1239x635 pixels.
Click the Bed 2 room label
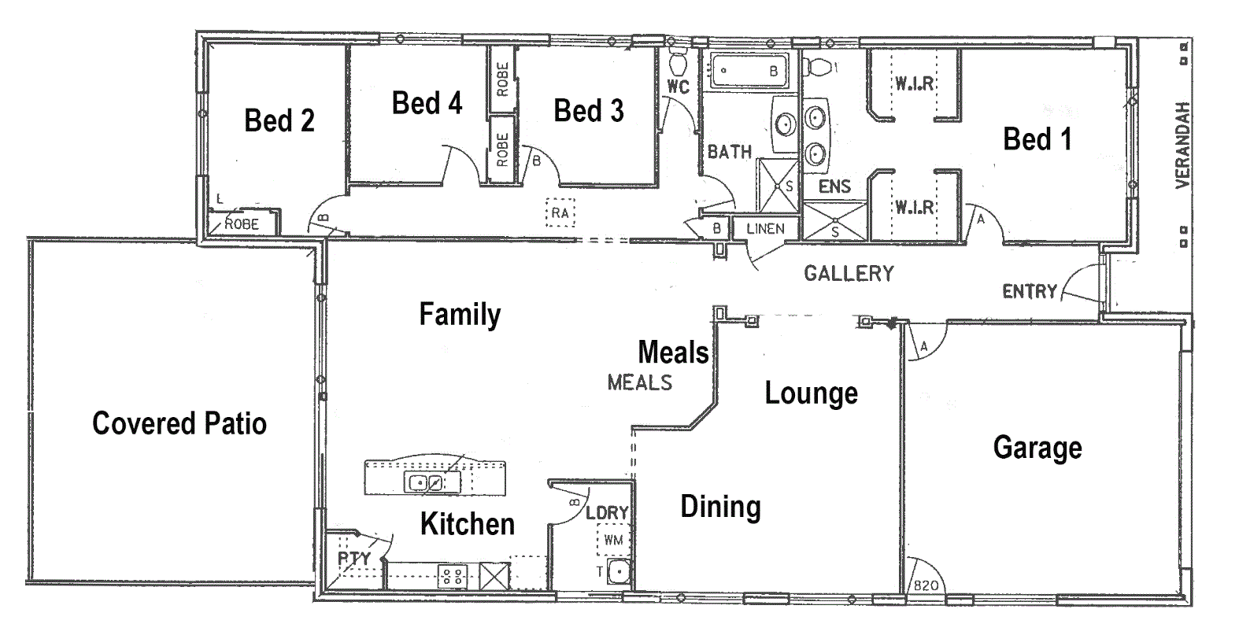point(279,120)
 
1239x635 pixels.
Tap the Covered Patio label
point(179,423)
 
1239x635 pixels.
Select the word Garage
point(1037,448)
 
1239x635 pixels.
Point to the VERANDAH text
point(1182,145)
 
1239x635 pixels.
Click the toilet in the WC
point(678,62)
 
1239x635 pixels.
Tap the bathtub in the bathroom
point(750,70)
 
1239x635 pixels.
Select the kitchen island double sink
point(425,482)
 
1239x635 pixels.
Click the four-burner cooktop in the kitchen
point(453,576)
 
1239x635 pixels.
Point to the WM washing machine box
point(613,539)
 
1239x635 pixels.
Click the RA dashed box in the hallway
point(560,213)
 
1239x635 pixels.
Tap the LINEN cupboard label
point(766,228)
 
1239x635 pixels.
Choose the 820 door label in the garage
point(926,585)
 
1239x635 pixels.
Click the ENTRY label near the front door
point(1030,291)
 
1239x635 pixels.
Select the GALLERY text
point(849,274)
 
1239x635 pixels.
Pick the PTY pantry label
point(354,558)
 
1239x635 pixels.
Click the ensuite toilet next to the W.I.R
point(819,68)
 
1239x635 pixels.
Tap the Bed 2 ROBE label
point(242,224)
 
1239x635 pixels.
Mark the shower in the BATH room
point(778,186)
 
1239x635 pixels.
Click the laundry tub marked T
point(619,572)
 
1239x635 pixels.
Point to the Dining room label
point(721,508)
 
